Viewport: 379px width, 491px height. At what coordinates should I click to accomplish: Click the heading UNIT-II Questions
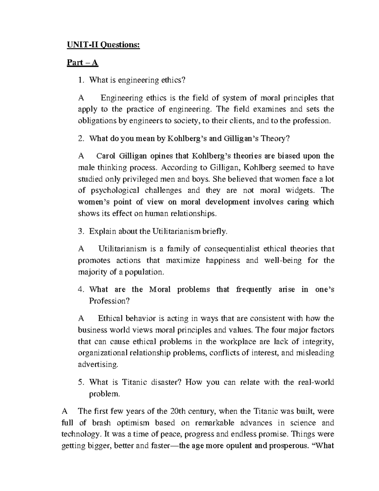[103, 45]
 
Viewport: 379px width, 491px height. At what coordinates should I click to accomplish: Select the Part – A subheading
[82, 63]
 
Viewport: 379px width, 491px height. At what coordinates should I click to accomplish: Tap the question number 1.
[81, 80]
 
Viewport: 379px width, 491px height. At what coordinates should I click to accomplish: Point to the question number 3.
[81, 231]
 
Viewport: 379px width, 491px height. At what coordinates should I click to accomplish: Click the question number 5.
[81, 383]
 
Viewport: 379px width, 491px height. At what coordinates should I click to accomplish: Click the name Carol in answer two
[105, 156]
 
